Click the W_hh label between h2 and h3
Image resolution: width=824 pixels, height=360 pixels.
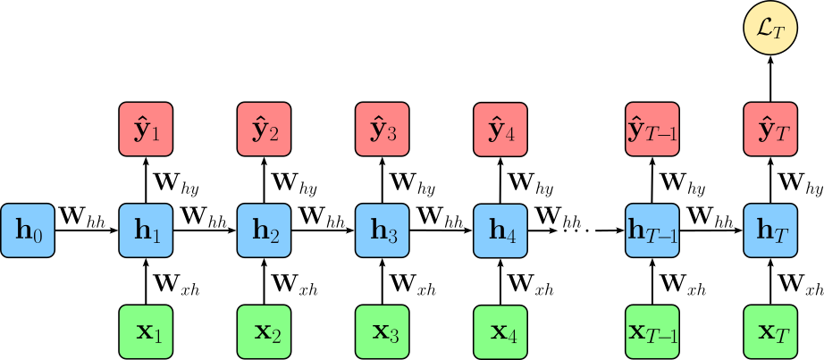tap(323, 215)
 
